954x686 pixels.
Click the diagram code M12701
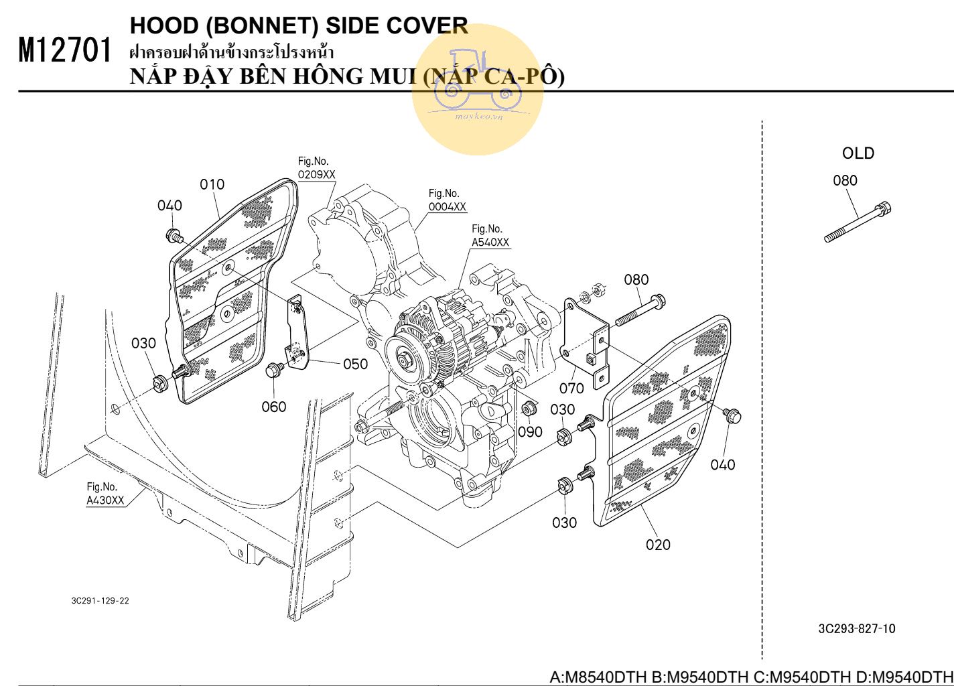pos(64,51)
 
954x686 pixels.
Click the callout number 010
pos(212,184)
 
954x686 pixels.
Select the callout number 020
pos(658,545)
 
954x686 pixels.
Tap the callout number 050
pos(355,364)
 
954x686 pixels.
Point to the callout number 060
pos(273,407)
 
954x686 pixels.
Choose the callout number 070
pos(571,388)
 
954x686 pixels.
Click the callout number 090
pos(530,432)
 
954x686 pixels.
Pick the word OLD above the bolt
pos(858,153)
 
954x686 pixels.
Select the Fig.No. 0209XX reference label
pos(316,168)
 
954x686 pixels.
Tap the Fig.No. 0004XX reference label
pos(447,200)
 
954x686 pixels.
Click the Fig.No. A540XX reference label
pos(490,236)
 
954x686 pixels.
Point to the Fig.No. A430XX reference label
pos(105,494)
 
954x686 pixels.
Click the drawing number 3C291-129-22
pos(100,601)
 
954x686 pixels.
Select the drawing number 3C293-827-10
pos(856,628)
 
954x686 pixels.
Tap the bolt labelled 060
pos(273,370)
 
